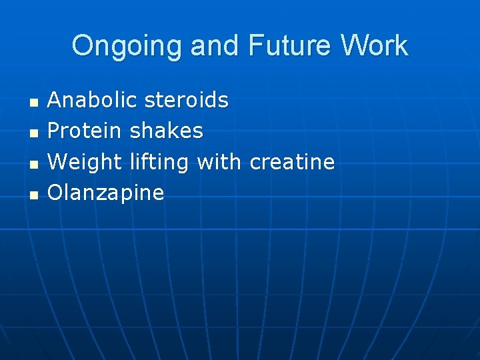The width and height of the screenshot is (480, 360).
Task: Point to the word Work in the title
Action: [x=374, y=46]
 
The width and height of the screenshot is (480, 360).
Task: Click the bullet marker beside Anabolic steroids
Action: [x=33, y=103]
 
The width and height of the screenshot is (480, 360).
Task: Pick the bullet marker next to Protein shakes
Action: [x=33, y=133]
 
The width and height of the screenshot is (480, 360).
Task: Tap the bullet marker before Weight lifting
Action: [x=33, y=164]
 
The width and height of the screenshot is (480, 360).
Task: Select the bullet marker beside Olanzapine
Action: [x=33, y=195]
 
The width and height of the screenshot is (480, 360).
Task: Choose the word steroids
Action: [x=186, y=101]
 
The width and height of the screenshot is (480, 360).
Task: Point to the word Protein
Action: [x=85, y=131]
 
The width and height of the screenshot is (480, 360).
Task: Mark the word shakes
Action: [x=167, y=131]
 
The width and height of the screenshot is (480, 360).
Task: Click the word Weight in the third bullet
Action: [x=85, y=162]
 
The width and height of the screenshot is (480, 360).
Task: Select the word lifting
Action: [x=159, y=162]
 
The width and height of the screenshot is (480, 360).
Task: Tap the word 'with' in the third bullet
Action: [x=220, y=162]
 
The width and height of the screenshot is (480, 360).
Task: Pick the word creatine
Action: [x=292, y=162]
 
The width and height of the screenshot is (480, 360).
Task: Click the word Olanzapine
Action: [x=106, y=193]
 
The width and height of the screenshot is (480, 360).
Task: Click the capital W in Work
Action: [x=353, y=46]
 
